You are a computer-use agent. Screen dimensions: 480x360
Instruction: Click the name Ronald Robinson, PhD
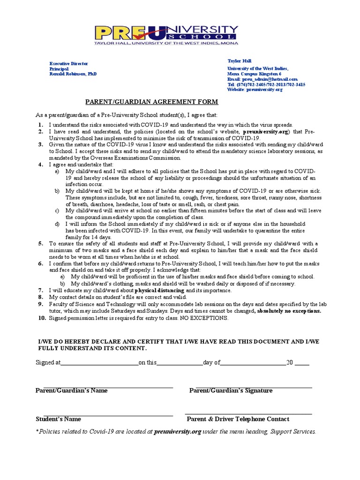(73, 74)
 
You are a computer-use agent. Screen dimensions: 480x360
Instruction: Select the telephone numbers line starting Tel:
(266, 85)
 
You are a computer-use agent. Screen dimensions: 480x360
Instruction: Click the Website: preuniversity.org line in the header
(255, 90)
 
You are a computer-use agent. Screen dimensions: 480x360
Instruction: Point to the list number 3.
(41, 145)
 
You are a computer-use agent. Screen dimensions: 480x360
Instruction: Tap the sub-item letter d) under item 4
(57, 224)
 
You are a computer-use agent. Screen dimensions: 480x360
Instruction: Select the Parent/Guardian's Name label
(72, 390)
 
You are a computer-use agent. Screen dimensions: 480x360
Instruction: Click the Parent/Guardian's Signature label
(231, 390)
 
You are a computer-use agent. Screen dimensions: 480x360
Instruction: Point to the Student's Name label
(58, 419)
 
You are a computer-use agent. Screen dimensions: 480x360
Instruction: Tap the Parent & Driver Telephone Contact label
(238, 419)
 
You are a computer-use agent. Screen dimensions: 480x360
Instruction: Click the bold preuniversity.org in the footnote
(178, 431)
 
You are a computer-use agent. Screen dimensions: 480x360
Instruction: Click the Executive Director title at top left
(69, 64)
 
